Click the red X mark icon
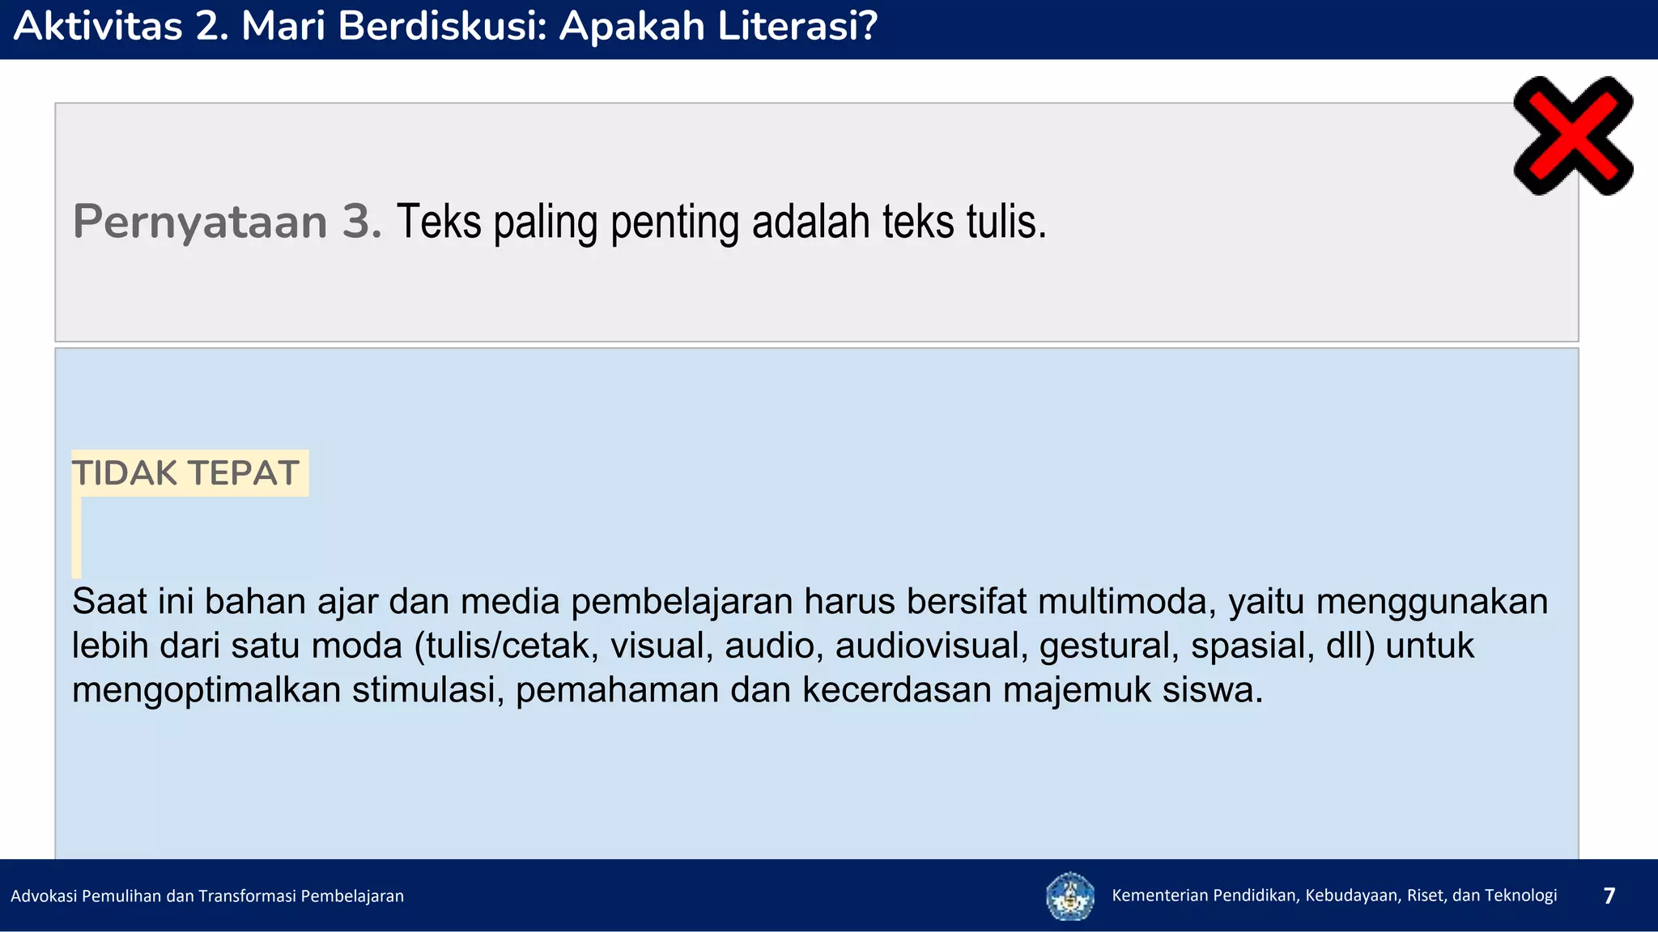tap(1573, 136)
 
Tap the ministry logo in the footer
tap(1069, 896)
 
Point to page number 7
tap(1609, 896)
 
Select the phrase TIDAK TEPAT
tap(185, 473)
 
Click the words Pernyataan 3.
tap(227, 222)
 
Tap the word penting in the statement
tap(674, 222)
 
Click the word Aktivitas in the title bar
tap(97, 26)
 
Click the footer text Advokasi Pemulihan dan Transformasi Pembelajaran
tap(207, 896)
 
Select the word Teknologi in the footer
tap(1520, 895)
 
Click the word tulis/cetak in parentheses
tap(508, 646)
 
